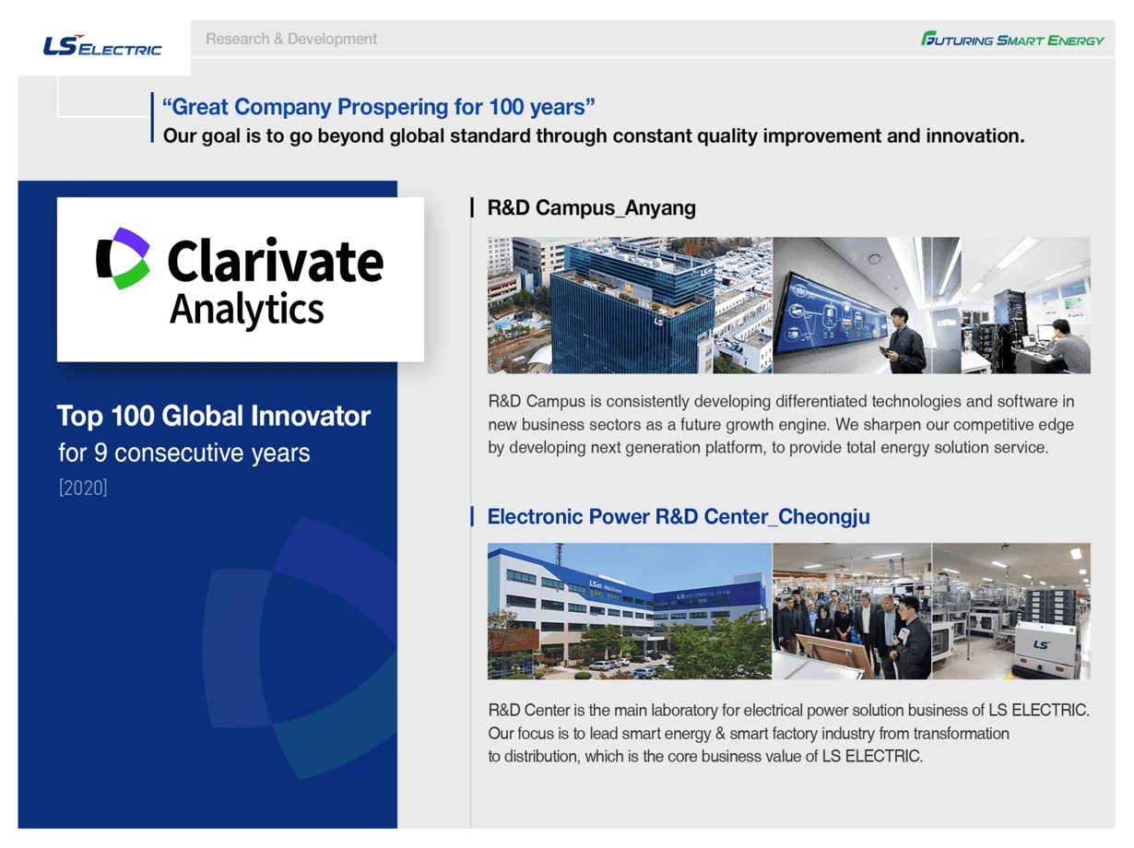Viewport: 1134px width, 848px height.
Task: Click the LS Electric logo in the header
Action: point(102,45)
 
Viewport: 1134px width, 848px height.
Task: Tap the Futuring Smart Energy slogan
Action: point(1012,40)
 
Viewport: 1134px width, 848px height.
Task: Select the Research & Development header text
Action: point(291,39)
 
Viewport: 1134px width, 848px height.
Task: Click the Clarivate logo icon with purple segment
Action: point(123,258)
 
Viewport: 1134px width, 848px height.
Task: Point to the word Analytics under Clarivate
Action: point(246,310)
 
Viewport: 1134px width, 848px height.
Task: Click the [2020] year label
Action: point(83,488)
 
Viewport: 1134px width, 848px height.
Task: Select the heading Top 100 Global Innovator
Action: point(213,416)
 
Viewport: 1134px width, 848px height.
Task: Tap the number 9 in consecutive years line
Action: point(100,453)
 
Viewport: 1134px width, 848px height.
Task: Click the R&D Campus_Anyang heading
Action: point(592,208)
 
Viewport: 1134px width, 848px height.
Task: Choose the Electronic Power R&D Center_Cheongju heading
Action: point(679,517)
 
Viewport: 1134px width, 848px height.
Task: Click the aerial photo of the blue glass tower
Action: point(630,305)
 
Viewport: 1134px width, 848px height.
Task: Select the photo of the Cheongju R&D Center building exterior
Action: point(630,611)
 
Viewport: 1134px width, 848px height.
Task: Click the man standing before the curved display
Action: point(905,341)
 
